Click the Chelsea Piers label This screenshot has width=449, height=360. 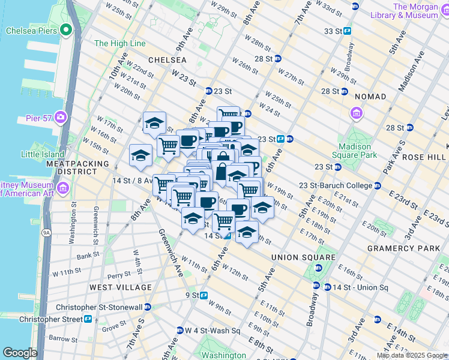coord(31,30)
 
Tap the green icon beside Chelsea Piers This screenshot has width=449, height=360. coord(64,29)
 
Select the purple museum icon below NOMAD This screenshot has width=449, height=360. coord(357,113)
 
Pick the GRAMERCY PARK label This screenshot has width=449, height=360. coord(396,248)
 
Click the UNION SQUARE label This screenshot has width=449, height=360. coord(303,257)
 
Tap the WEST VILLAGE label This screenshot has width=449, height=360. coord(121,287)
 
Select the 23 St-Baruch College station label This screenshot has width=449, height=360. coord(338,185)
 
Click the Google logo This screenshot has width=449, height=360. coord(20,353)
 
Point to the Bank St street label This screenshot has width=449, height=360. coord(87,256)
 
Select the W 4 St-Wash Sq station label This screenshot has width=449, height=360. coord(212,331)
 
